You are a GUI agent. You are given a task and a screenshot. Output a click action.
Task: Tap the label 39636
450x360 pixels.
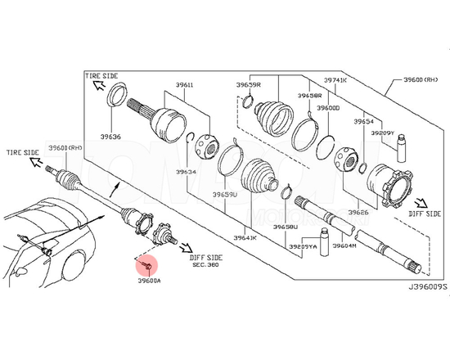point(111,137)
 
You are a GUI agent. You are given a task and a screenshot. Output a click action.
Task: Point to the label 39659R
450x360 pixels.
point(249,85)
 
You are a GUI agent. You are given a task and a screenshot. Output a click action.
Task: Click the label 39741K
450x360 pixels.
point(335,80)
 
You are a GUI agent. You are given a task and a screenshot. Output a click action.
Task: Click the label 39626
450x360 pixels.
point(358,213)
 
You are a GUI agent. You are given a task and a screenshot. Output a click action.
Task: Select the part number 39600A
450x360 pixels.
point(149,279)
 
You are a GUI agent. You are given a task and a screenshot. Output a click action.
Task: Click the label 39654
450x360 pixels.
point(364,121)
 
